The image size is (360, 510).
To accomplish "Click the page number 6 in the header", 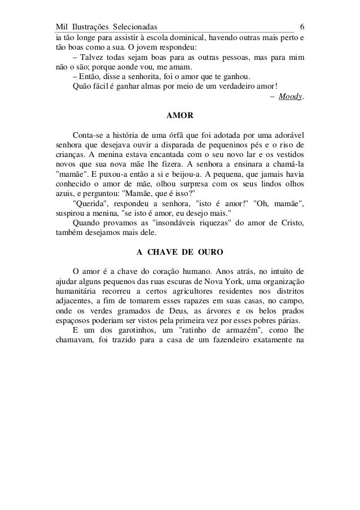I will click(303, 27).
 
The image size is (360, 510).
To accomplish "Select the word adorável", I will click(287, 136).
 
